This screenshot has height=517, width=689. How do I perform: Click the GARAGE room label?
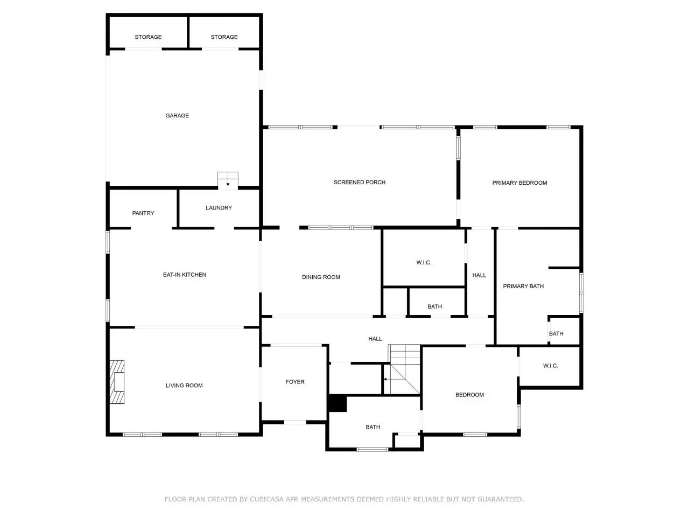coord(177,115)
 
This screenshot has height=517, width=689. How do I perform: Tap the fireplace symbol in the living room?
coord(117,381)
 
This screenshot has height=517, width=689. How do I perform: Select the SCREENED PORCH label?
coord(360,183)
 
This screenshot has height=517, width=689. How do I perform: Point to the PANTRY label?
coord(143,213)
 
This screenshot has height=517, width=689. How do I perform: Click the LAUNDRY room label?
coord(219,208)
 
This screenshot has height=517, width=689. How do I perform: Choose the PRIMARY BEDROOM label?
coord(519,183)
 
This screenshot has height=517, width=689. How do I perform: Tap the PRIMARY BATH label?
coord(523,287)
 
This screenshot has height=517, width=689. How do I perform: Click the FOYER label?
coord(295,382)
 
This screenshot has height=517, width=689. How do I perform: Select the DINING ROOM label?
coord(321,277)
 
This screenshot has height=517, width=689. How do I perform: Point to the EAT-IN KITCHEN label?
coord(185,275)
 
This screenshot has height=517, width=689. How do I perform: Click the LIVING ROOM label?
coord(184,386)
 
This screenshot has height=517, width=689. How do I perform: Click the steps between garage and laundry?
coord(228,180)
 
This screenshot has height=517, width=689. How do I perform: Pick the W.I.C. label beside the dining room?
coord(424,262)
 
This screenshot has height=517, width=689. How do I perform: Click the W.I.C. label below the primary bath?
coord(551,366)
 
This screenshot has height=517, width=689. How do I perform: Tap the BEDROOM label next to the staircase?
coord(469,395)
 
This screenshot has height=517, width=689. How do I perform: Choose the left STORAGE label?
coord(148,37)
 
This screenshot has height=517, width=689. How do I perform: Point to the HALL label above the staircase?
coord(375,339)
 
